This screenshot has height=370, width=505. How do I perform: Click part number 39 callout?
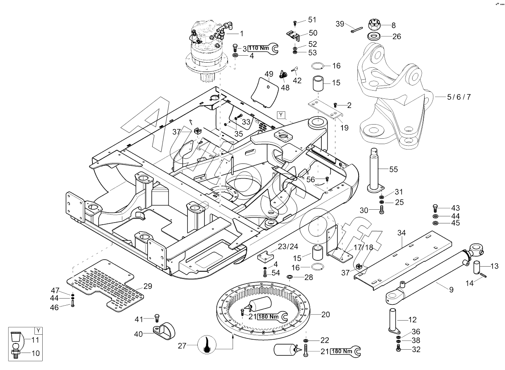tap(340, 25)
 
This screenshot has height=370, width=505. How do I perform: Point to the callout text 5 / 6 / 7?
tap(458, 97)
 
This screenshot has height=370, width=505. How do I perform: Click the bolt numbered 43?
tap(435, 207)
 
